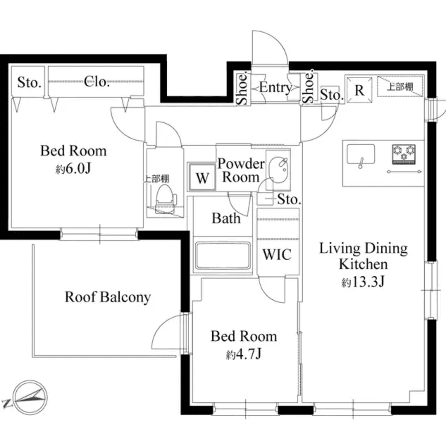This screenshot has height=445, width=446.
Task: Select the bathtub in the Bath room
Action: pos(223,256)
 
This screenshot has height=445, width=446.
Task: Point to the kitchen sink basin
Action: pos(360,154)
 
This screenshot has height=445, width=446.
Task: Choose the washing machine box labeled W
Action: pos(202,177)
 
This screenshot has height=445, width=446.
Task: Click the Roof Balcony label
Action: pos(108,297)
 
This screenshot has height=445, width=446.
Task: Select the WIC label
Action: pos(277,254)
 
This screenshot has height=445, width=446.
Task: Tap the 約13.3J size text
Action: pos(363,282)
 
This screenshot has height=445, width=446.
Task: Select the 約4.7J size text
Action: pos(243,354)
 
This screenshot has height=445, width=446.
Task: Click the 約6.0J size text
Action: pos(73,169)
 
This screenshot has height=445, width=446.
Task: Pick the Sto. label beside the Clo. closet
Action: pos(29,83)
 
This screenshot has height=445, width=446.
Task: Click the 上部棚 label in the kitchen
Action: pos(400,86)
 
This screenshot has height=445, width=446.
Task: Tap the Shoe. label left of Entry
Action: pos(242,89)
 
